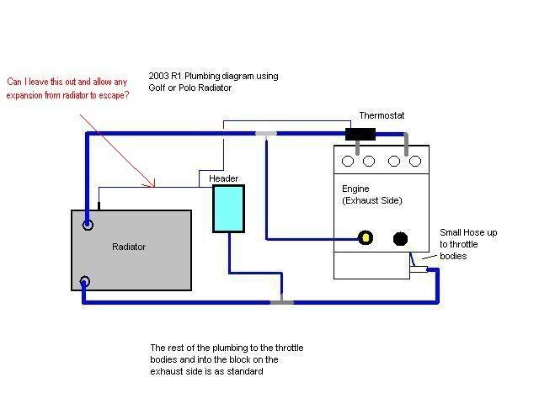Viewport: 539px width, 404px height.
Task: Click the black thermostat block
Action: [x=360, y=133]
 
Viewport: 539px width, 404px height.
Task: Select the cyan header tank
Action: [x=228, y=208]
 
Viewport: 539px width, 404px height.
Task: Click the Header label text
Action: [x=224, y=178]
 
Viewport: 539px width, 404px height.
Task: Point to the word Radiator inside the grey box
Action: [x=129, y=247]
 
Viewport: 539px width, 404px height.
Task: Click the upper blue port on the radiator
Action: [x=87, y=225]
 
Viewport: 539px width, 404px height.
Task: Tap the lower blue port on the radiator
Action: [x=85, y=282]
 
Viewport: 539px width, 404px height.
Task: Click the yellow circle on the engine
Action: [x=366, y=238]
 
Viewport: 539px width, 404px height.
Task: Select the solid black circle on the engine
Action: [x=401, y=239]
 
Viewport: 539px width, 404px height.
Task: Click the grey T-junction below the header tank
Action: [x=280, y=300]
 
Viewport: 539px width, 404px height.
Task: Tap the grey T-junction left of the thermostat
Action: [x=266, y=133]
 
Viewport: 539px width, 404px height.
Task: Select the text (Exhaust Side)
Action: [x=372, y=200]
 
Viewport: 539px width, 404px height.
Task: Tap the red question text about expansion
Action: [x=68, y=88]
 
